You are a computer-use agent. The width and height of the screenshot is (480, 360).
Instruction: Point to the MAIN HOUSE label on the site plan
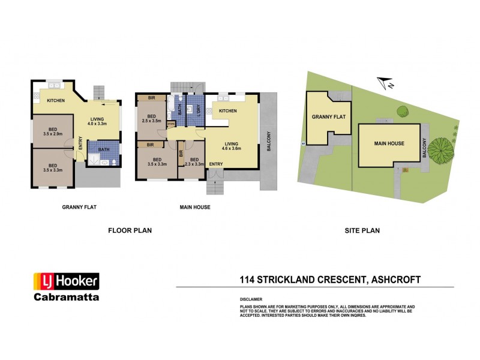click(x=389, y=144)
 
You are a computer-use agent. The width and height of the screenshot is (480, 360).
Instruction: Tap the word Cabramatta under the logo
click(x=66, y=297)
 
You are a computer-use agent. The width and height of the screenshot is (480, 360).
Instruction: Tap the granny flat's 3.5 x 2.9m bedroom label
click(x=53, y=127)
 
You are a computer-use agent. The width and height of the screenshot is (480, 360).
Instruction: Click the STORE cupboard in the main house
click(x=172, y=125)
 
